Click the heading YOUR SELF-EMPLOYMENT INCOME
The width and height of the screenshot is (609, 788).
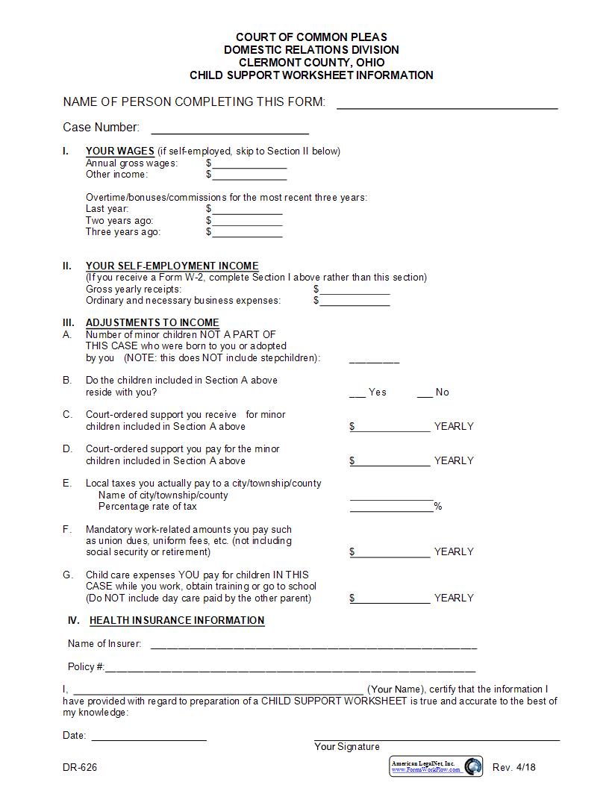click(x=172, y=266)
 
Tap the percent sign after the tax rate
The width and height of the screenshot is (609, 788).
click(x=438, y=507)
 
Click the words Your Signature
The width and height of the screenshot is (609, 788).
click(x=346, y=746)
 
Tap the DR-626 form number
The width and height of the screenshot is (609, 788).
click(x=80, y=767)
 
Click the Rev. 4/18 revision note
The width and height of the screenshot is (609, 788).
click(x=514, y=767)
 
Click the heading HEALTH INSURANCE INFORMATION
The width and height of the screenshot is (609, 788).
click(x=177, y=620)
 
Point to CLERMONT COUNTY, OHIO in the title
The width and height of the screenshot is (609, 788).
click(x=311, y=62)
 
